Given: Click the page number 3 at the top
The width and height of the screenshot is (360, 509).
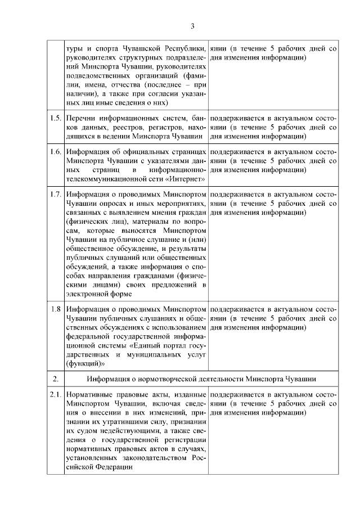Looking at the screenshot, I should (192, 26).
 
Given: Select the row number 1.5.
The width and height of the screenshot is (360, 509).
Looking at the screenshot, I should (55, 119).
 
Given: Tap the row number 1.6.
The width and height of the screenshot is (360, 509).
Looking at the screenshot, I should (55, 152).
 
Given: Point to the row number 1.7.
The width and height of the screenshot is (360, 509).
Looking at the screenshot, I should (55, 195).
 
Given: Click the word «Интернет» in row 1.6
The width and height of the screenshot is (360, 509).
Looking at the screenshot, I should (187, 179).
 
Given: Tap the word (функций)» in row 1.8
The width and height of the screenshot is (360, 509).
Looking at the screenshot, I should (83, 363).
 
